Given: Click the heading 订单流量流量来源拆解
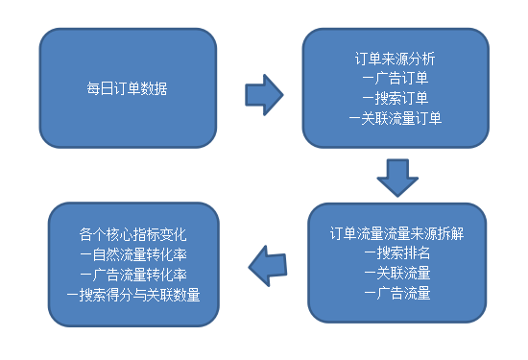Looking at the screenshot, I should (396, 233).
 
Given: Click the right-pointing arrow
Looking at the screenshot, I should (264, 93).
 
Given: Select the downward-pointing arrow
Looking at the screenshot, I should (396, 178).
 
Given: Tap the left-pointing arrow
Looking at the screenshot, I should (268, 260).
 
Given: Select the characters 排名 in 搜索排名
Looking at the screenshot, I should (416, 253).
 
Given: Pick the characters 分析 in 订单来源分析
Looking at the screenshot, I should (425, 59).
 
